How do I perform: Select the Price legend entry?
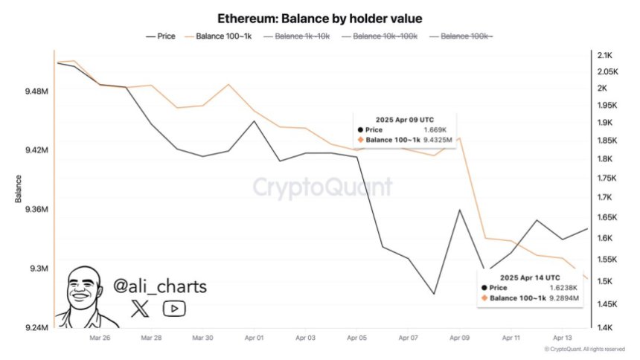click(x=161, y=36)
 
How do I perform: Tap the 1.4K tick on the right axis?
click(x=604, y=328)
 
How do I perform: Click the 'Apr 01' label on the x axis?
click(x=254, y=338)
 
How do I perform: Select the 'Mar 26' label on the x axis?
click(x=100, y=338)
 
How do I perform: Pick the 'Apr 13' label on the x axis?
click(x=562, y=338)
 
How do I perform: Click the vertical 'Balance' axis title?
click(x=17, y=190)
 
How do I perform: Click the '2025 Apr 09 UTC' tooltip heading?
click(x=405, y=119)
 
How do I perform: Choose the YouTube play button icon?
click(x=174, y=309)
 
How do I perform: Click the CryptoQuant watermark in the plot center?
click(x=321, y=186)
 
